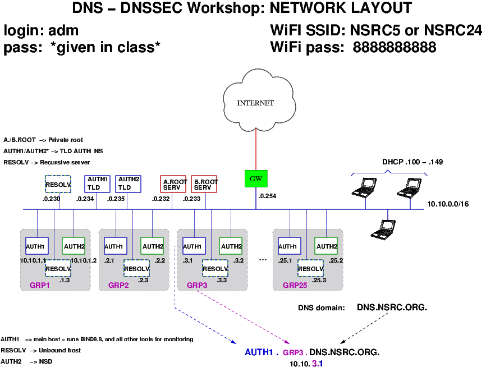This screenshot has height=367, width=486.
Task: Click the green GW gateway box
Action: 255,179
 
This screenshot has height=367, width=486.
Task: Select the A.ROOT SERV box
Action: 173,184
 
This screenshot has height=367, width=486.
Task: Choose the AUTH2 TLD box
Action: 129,183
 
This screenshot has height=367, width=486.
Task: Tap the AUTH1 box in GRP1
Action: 36,246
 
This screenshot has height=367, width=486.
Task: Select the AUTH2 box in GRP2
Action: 152,246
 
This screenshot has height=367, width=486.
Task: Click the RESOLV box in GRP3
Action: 215,268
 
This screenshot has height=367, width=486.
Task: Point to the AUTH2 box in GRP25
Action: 326,246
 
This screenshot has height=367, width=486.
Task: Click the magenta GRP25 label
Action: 295,285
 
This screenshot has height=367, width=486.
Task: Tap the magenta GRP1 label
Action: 41,285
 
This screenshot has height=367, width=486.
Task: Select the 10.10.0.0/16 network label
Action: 447,204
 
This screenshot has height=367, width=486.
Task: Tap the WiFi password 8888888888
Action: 395,48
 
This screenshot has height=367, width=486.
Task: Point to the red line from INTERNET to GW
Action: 256,149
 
